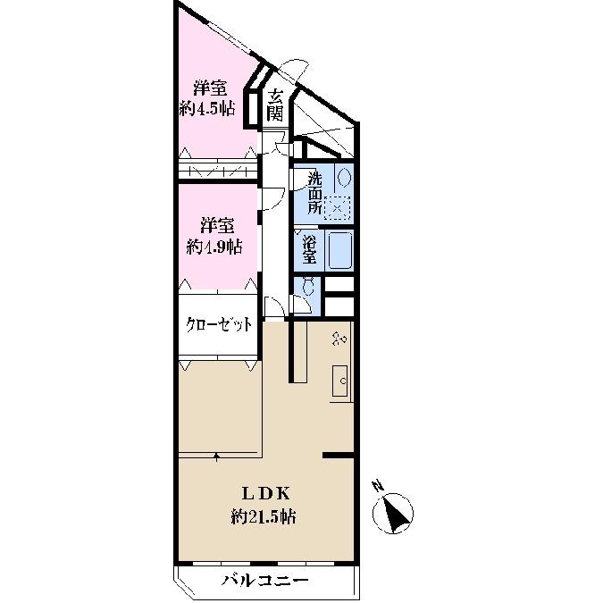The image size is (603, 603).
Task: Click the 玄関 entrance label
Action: coord(277,105)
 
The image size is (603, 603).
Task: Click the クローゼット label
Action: coord(218,324)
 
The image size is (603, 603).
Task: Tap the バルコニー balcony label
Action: coord(264,581)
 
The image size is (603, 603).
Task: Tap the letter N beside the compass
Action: coord(378,487)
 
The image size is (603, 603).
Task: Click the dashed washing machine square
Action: coord(337,207)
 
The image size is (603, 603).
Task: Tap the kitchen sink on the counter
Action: coord(340,381)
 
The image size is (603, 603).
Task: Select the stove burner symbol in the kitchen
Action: coord(339,339)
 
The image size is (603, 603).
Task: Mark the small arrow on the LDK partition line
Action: coord(217,456)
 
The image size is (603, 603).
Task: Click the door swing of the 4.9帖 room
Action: coord(272,198)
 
